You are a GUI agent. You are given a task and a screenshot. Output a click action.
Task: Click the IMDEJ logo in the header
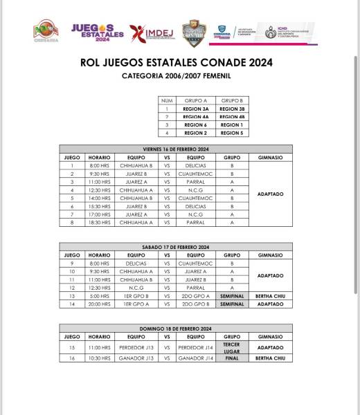coord(150,32)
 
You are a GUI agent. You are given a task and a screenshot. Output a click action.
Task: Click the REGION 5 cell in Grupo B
coord(231,131)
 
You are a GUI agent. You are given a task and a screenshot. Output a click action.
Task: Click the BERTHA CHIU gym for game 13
coord(269,296)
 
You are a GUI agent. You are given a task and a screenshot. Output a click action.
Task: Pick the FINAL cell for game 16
coord(231,358)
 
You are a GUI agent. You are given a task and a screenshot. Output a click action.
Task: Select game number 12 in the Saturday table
coord(72,288)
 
